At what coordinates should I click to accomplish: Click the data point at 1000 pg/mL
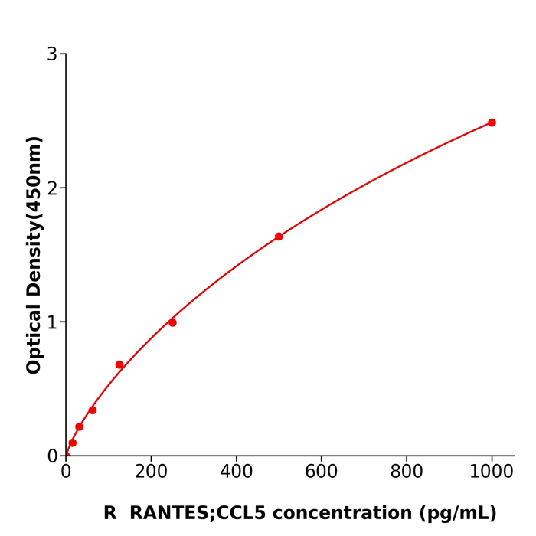[492, 123]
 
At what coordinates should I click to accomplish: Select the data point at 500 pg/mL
[279, 237]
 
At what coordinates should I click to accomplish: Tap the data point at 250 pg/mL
[172, 322]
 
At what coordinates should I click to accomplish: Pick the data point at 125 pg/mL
[119, 364]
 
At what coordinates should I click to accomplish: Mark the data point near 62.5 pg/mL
[93, 410]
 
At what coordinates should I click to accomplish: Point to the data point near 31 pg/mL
[79, 427]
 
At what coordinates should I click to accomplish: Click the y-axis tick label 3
[52, 54]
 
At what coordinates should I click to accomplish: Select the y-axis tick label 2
[52, 188]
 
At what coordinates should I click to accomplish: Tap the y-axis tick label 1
[52, 322]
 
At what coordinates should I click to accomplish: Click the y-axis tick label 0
[52, 456]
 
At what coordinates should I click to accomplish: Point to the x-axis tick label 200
[151, 472]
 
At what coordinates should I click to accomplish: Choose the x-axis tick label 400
[236, 472]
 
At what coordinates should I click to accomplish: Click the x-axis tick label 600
[321, 472]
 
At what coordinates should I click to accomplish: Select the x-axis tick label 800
[407, 472]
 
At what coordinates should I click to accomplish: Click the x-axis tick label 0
[66, 472]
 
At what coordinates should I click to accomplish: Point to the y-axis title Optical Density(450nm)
[34, 255]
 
